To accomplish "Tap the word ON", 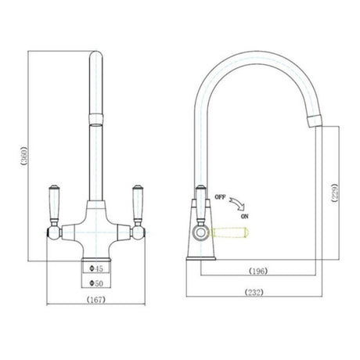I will pyautogui.click(x=245, y=215).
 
